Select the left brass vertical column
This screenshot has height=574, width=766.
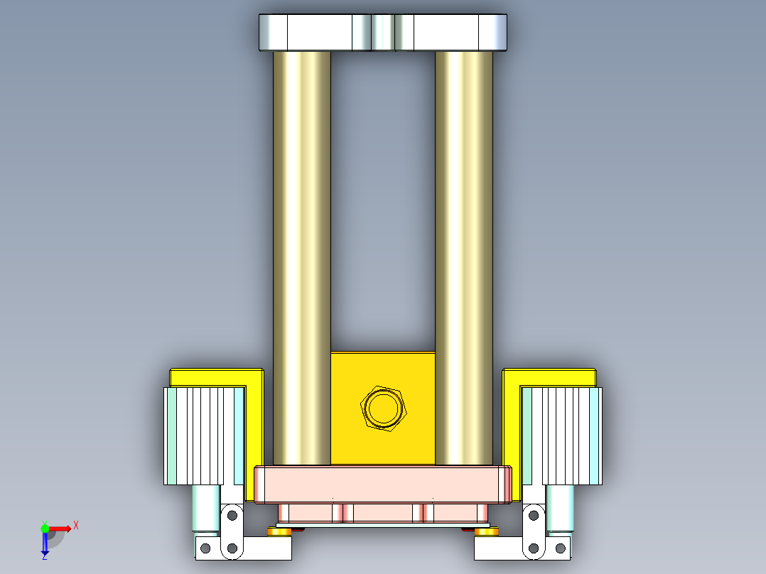(301, 256)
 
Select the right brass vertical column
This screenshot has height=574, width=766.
(463, 256)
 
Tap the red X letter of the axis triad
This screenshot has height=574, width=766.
(76, 525)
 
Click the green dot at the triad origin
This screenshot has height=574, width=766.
(45, 528)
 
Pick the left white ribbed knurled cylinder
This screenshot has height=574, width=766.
(203, 435)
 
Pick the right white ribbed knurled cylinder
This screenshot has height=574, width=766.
(563, 435)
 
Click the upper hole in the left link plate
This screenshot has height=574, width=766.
(231, 515)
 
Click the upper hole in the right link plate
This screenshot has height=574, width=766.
(534, 515)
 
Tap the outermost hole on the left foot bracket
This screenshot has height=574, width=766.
(205, 548)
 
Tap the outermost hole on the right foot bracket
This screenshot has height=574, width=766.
(559, 548)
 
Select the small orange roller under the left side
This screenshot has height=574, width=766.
(279, 531)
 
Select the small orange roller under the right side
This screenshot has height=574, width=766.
(487, 531)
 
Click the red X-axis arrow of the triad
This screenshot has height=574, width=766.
(60, 529)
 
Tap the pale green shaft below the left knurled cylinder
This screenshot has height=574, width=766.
(207, 508)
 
